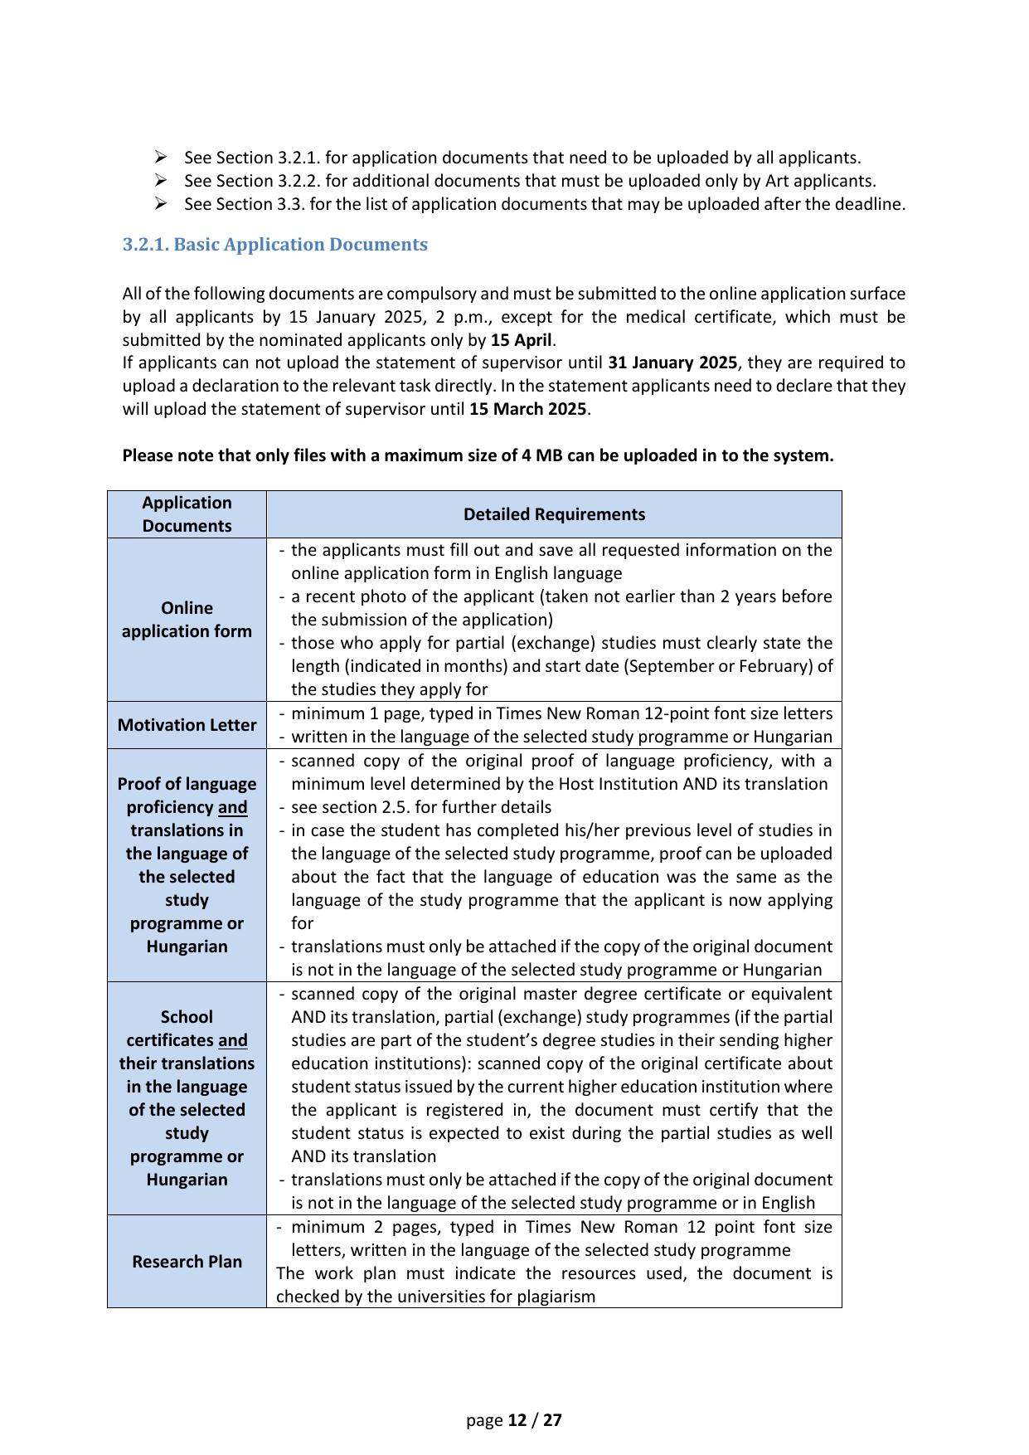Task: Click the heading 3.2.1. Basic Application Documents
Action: click(x=274, y=245)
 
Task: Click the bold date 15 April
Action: click(x=521, y=340)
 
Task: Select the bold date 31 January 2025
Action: click(x=672, y=363)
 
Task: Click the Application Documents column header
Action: click(x=187, y=514)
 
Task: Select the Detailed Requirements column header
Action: click(x=554, y=514)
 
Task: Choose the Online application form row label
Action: click(x=187, y=620)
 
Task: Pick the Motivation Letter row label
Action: click(x=187, y=725)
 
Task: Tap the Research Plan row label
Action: click(x=187, y=1262)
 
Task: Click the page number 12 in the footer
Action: click(x=517, y=1420)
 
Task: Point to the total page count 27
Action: click(x=552, y=1420)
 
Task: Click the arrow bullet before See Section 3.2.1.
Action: click(x=161, y=158)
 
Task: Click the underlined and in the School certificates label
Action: click(x=233, y=1040)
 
